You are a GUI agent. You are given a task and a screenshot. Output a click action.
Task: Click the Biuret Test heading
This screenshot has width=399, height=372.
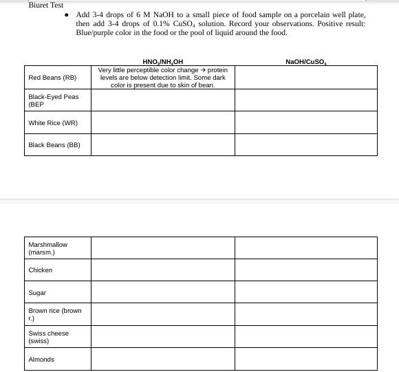point(46,5)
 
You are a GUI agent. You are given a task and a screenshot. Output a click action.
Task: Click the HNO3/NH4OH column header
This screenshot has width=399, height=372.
point(162,62)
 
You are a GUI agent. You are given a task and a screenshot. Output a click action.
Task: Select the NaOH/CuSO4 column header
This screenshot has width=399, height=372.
point(305,62)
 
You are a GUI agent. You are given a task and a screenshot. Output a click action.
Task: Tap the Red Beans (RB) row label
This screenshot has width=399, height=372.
point(52,78)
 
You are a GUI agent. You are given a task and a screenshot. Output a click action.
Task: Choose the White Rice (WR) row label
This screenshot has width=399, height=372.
point(53,123)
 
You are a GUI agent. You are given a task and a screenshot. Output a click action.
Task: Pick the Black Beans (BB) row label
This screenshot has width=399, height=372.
point(54,145)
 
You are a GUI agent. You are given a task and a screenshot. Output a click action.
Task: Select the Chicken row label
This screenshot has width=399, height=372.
point(41,270)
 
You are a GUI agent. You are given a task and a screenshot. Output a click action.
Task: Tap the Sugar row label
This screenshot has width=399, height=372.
point(37,293)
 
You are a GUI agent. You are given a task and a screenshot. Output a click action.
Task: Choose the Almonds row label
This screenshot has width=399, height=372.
point(41,360)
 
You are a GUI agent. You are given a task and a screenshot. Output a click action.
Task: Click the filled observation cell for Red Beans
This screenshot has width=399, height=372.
point(163,78)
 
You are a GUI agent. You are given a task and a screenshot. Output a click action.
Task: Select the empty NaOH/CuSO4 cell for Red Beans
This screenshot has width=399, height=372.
point(305,78)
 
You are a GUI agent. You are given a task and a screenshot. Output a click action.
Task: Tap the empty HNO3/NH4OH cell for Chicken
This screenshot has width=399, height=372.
point(163,270)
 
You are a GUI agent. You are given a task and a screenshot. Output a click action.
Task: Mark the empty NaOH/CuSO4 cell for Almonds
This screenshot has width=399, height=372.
point(305,359)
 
